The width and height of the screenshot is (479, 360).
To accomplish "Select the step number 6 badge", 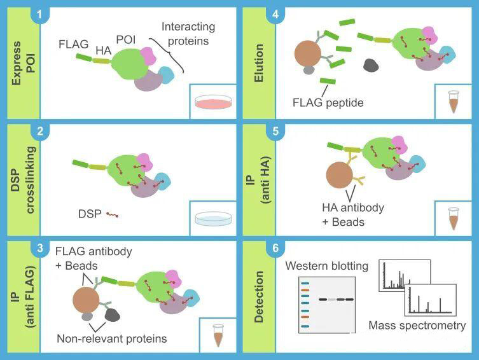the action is click(x=275, y=248).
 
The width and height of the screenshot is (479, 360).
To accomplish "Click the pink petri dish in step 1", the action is click(x=213, y=102).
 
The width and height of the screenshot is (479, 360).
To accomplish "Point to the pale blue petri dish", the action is click(x=213, y=218).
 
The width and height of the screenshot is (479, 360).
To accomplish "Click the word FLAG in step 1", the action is click(x=73, y=45).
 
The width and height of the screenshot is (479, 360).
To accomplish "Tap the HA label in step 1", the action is click(x=104, y=51).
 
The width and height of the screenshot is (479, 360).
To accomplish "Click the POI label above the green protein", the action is click(x=126, y=39).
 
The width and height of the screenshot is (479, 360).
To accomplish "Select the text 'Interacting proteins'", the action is click(x=188, y=34).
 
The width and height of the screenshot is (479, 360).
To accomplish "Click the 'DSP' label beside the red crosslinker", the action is click(x=90, y=214).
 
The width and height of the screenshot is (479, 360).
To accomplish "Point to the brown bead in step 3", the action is click(x=86, y=300).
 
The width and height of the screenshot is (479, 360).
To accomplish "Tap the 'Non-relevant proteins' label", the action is click(x=112, y=338).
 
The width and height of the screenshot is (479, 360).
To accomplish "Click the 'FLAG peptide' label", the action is click(x=328, y=102).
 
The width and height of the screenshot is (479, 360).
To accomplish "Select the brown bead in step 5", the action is click(x=340, y=176).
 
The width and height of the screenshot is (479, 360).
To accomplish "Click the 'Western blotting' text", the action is click(x=326, y=266).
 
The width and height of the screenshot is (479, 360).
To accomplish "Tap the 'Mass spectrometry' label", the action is click(x=417, y=326).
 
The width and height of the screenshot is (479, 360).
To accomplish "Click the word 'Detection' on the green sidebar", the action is click(x=258, y=296).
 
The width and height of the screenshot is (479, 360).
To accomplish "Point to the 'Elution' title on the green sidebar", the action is click(x=258, y=63).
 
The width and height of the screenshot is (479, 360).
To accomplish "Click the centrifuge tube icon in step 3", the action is click(x=218, y=336).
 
